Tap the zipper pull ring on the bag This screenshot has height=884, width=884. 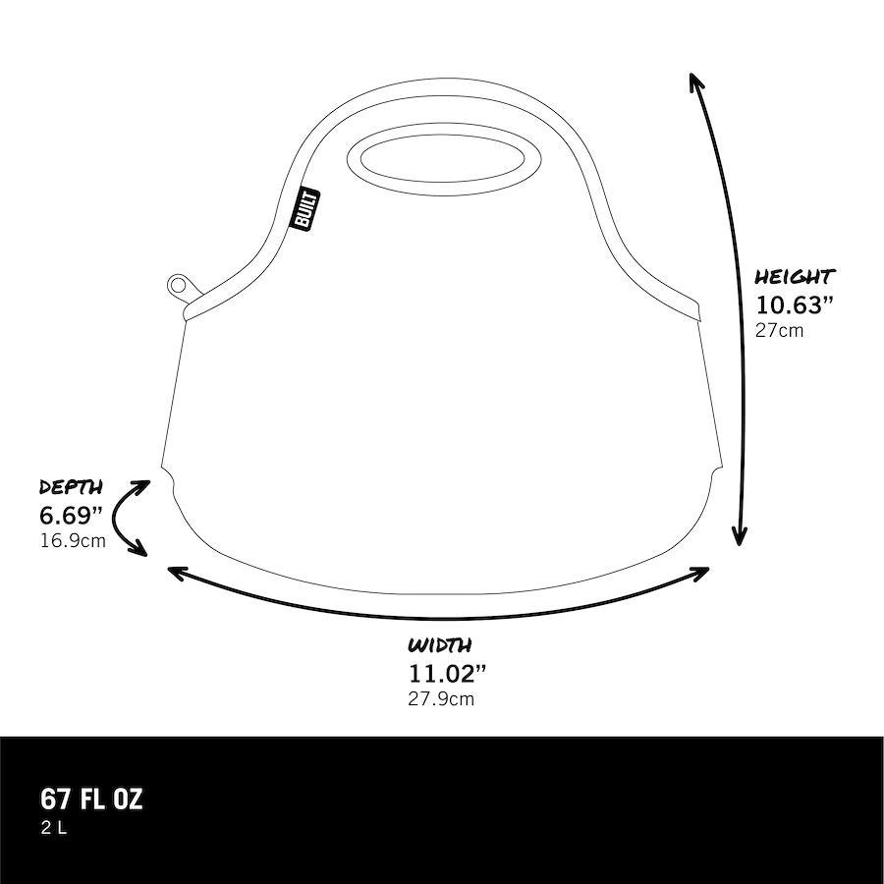point(179,284)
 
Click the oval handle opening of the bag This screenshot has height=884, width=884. point(444,159)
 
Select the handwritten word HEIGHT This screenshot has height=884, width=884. point(795,277)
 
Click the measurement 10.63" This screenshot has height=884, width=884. point(794,304)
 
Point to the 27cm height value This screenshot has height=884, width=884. point(780,330)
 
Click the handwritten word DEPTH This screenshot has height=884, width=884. point(71,487)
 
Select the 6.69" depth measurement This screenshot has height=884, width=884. point(71,515)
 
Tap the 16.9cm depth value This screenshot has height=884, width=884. point(73,540)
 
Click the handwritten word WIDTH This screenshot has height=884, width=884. point(440,645)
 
